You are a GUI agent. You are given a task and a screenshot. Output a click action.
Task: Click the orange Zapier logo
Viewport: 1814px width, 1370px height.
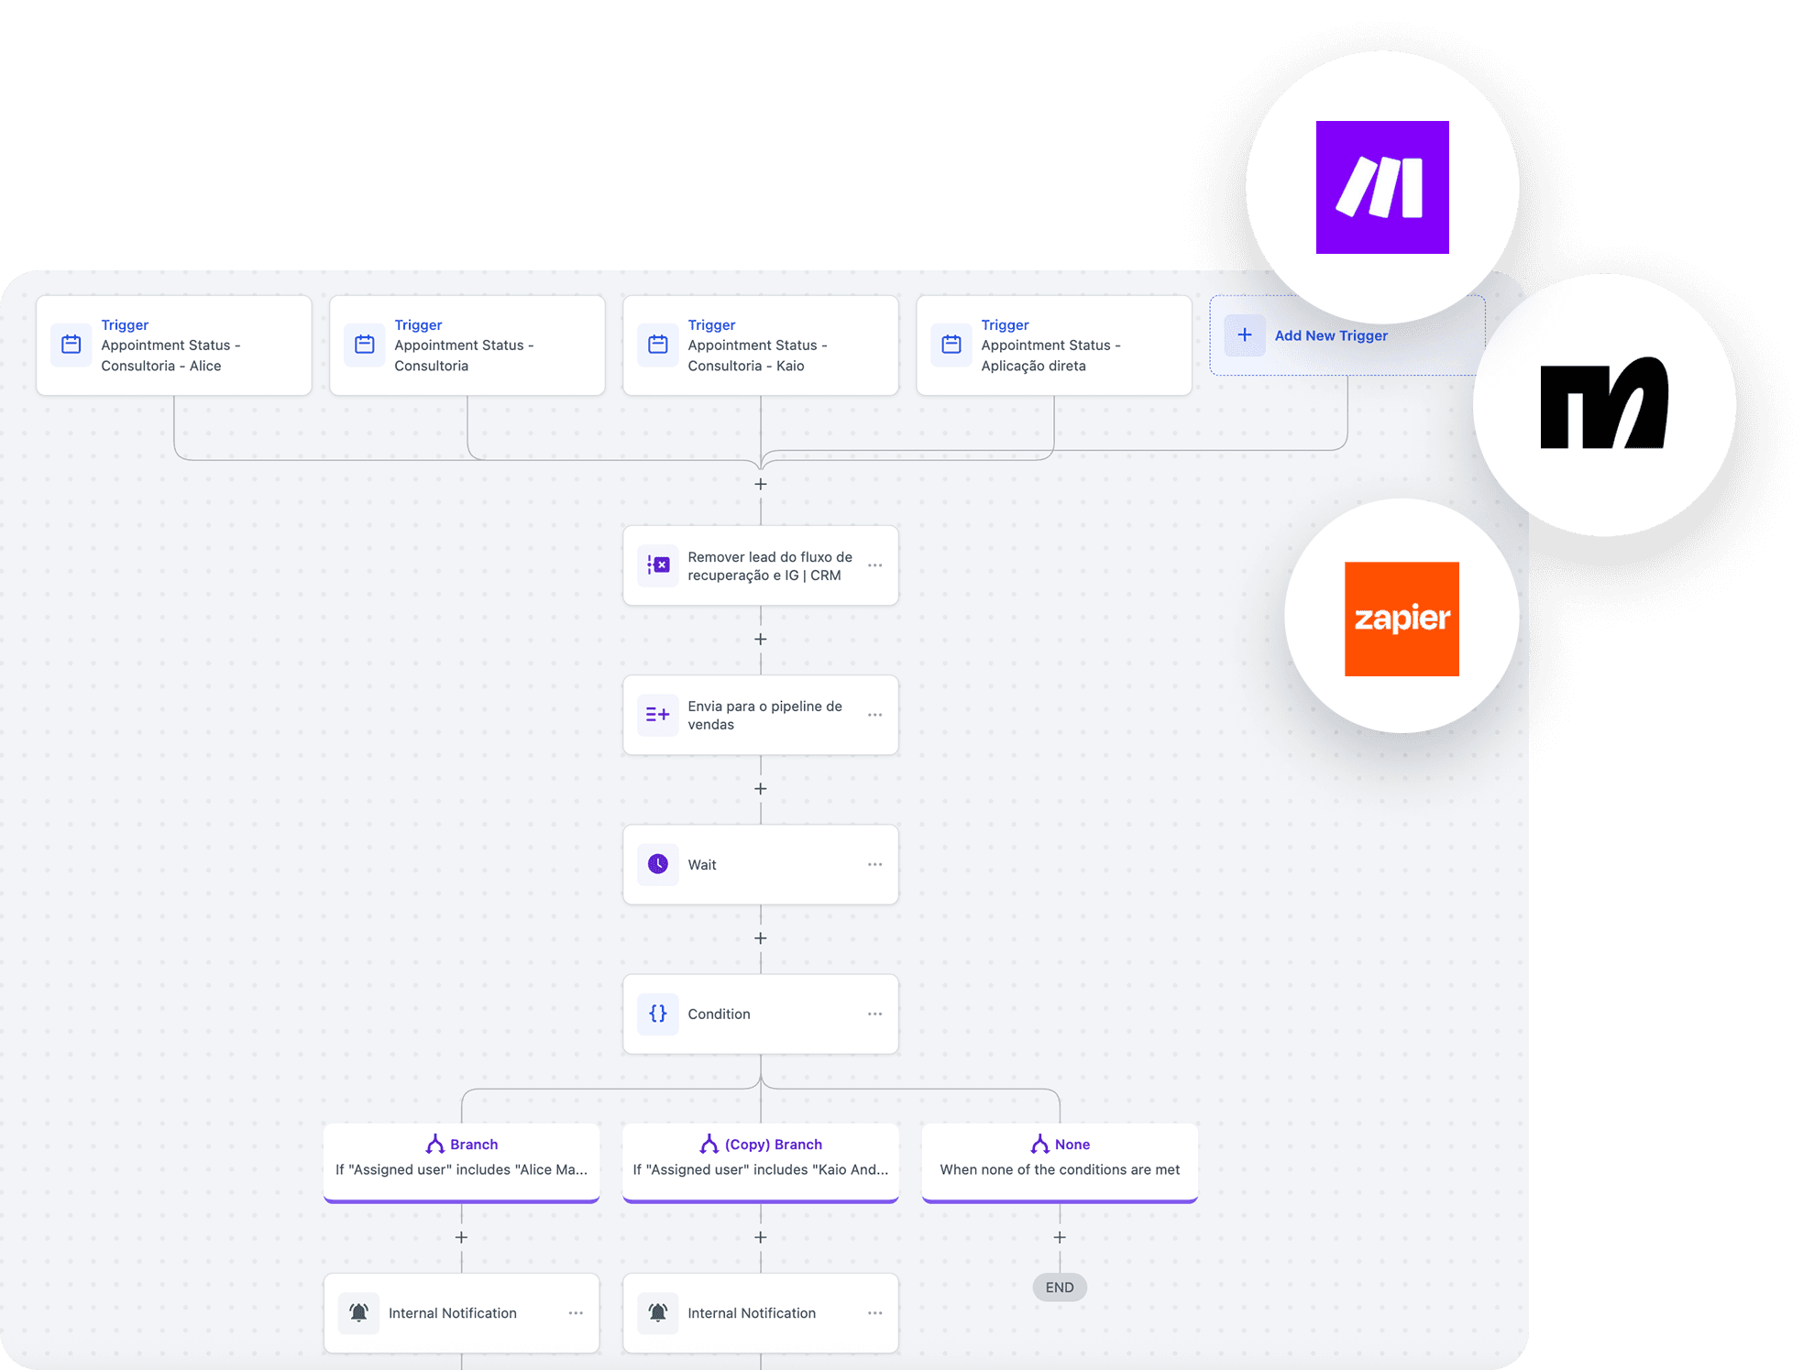pyautogui.click(x=1401, y=619)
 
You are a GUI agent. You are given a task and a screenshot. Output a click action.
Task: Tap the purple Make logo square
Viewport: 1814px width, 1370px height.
pyautogui.click(x=1381, y=187)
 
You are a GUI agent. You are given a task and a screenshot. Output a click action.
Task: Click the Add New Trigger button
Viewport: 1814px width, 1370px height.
pyautogui.click(x=1330, y=335)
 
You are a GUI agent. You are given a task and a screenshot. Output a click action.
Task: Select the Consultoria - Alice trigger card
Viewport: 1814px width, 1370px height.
pyautogui.click(x=174, y=345)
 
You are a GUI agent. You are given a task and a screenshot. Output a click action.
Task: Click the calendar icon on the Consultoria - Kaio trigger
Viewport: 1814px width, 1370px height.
pyautogui.click(x=658, y=345)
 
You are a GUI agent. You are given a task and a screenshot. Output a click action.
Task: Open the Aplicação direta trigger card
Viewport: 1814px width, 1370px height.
pyautogui.click(x=1053, y=345)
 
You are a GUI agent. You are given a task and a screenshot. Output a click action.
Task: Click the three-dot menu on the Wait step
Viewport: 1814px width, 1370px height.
pyautogui.click(x=874, y=864)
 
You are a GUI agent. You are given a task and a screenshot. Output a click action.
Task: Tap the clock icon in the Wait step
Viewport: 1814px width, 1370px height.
pyautogui.click(x=658, y=864)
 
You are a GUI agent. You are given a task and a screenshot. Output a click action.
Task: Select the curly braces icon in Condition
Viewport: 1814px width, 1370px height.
pyautogui.click(x=658, y=1014)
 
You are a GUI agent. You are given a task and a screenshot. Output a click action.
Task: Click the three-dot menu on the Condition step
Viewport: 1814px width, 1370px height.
pyautogui.click(x=874, y=1014)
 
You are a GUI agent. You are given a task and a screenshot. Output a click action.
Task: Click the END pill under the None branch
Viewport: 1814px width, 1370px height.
pyautogui.click(x=1059, y=1288)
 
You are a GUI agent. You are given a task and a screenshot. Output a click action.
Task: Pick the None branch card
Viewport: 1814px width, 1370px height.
pyautogui.click(x=1059, y=1159)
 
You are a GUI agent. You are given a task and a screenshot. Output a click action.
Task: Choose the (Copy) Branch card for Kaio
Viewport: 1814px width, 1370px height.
pyautogui.click(x=760, y=1159)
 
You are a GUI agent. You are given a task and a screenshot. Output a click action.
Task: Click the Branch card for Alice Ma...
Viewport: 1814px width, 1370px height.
pyautogui.click(x=461, y=1159)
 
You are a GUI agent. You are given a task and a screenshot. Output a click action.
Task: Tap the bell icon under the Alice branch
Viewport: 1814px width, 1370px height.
pyautogui.click(x=359, y=1312)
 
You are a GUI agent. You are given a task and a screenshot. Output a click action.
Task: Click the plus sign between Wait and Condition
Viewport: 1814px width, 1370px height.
pyautogui.click(x=760, y=938)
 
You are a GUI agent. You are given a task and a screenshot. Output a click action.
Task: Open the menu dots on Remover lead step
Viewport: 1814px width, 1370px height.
pyautogui.click(x=874, y=565)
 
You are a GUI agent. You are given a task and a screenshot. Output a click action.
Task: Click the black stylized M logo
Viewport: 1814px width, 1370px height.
pyautogui.click(x=1603, y=403)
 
